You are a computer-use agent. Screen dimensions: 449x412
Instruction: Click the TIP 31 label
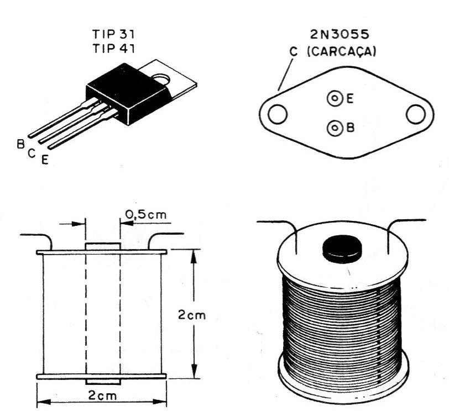(x=113, y=34)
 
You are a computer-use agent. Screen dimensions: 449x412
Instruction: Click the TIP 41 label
(x=113, y=49)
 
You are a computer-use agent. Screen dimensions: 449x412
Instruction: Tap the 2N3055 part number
(x=340, y=34)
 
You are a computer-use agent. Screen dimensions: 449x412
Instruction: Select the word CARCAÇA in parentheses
(x=341, y=51)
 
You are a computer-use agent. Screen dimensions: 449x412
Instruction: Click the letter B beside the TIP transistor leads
(x=20, y=144)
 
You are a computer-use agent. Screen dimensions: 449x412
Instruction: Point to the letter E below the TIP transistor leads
(x=45, y=160)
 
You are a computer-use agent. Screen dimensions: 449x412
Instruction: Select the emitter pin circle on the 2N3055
(x=335, y=99)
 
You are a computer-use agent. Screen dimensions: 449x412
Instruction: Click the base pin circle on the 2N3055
(x=335, y=128)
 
